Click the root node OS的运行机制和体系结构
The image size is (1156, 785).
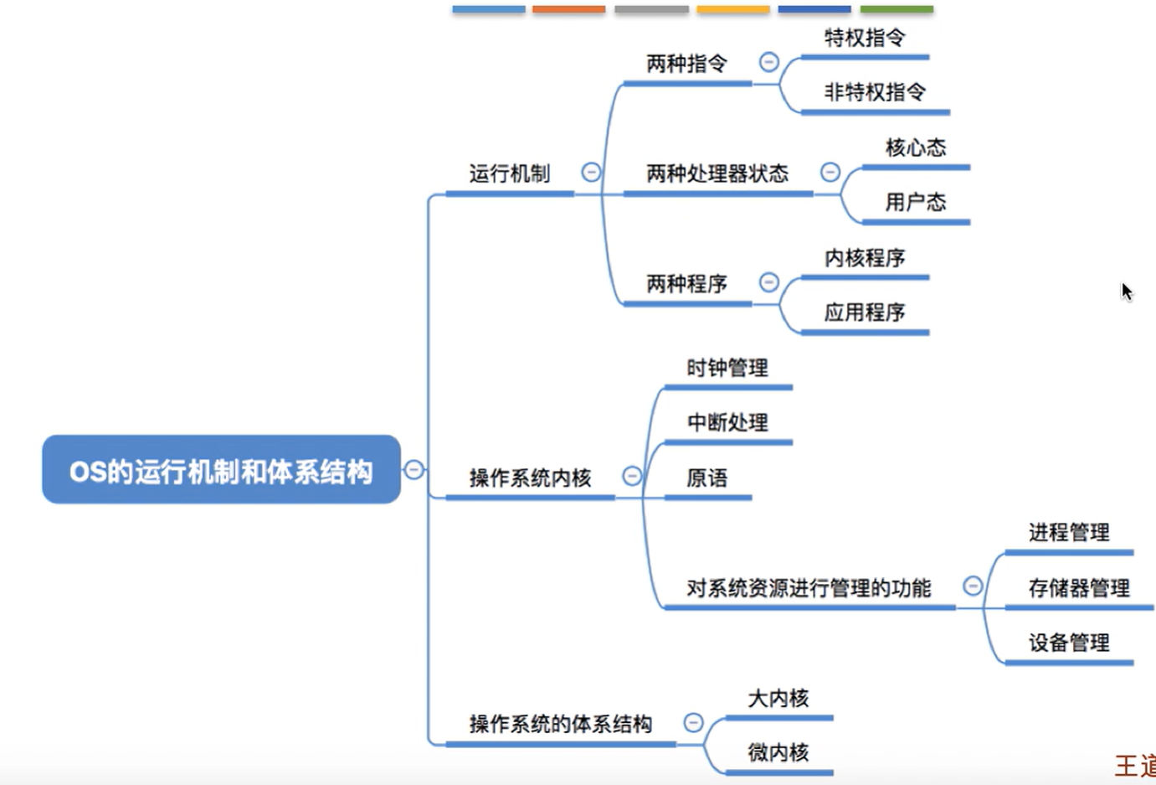(221, 470)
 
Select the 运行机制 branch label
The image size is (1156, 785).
(509, 173)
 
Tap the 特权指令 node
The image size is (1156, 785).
(865, 38)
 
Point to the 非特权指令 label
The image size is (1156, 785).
(875, 92)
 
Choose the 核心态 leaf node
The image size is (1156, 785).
(916, 148)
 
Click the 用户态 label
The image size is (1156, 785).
(916, 202)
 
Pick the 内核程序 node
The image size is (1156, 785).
(865, 258)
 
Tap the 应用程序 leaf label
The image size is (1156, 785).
(865, 312)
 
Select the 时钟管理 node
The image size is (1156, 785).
(727, 368)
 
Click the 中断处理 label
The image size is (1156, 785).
(727, 423)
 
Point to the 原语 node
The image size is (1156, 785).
(707, 478)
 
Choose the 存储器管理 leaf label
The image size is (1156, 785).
(1079, 588)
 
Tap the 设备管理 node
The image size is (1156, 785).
(1069, 643)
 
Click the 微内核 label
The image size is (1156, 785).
(778, 752)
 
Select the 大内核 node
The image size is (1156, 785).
(778, 698)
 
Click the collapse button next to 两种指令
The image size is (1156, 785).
(768, 62)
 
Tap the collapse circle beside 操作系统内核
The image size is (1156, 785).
(632, 476)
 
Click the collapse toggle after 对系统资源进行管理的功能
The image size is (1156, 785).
(972, 586)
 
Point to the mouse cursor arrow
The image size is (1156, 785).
(1127, 291)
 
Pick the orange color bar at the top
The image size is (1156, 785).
(568, 9)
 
